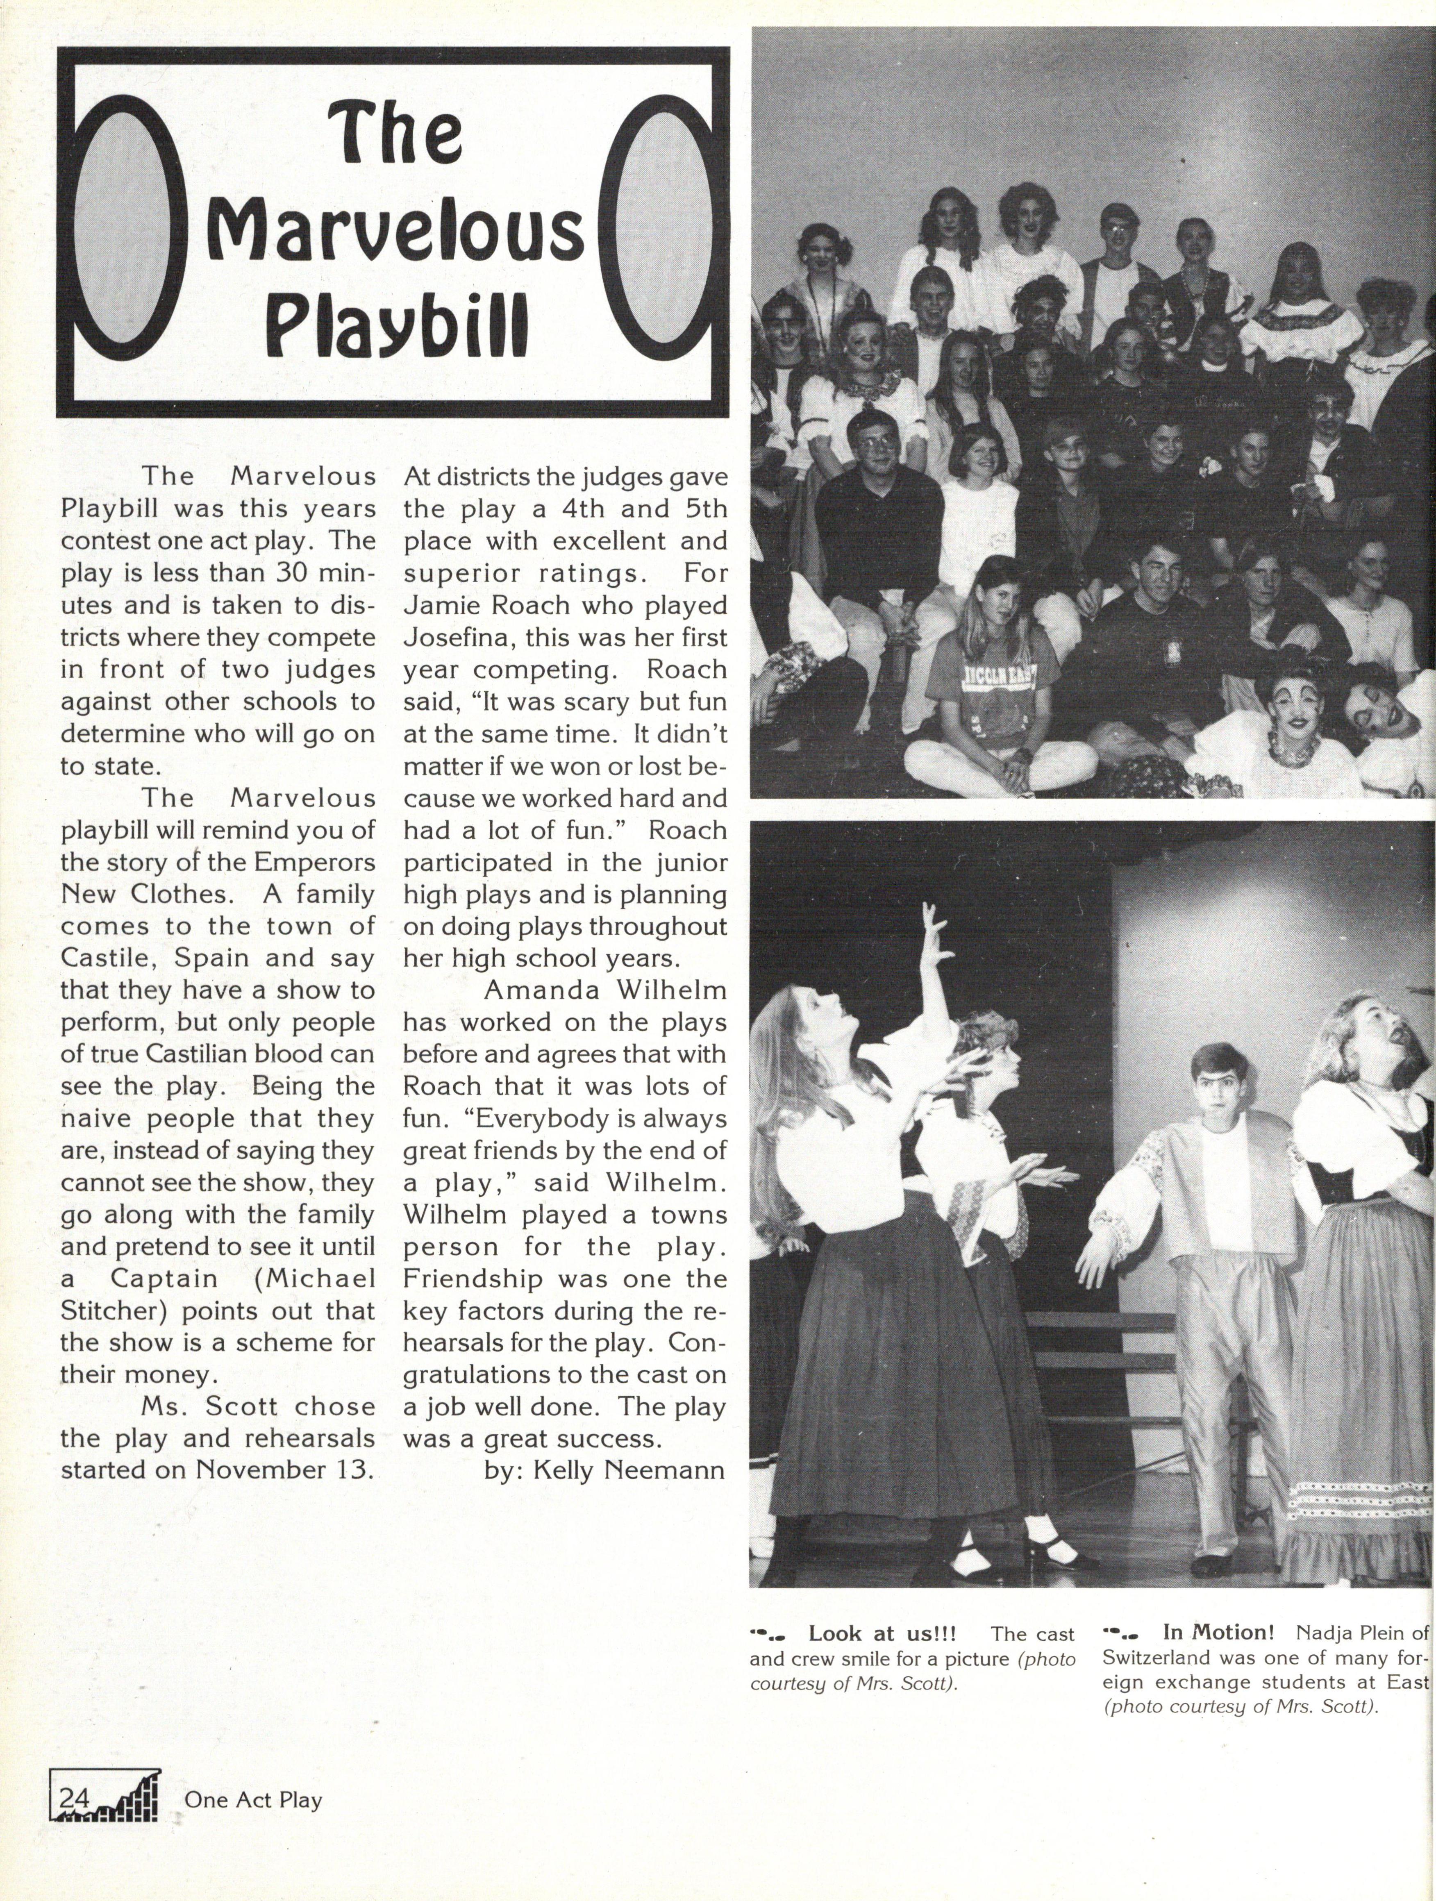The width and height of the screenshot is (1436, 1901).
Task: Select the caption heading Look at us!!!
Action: tap(883, 1633)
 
